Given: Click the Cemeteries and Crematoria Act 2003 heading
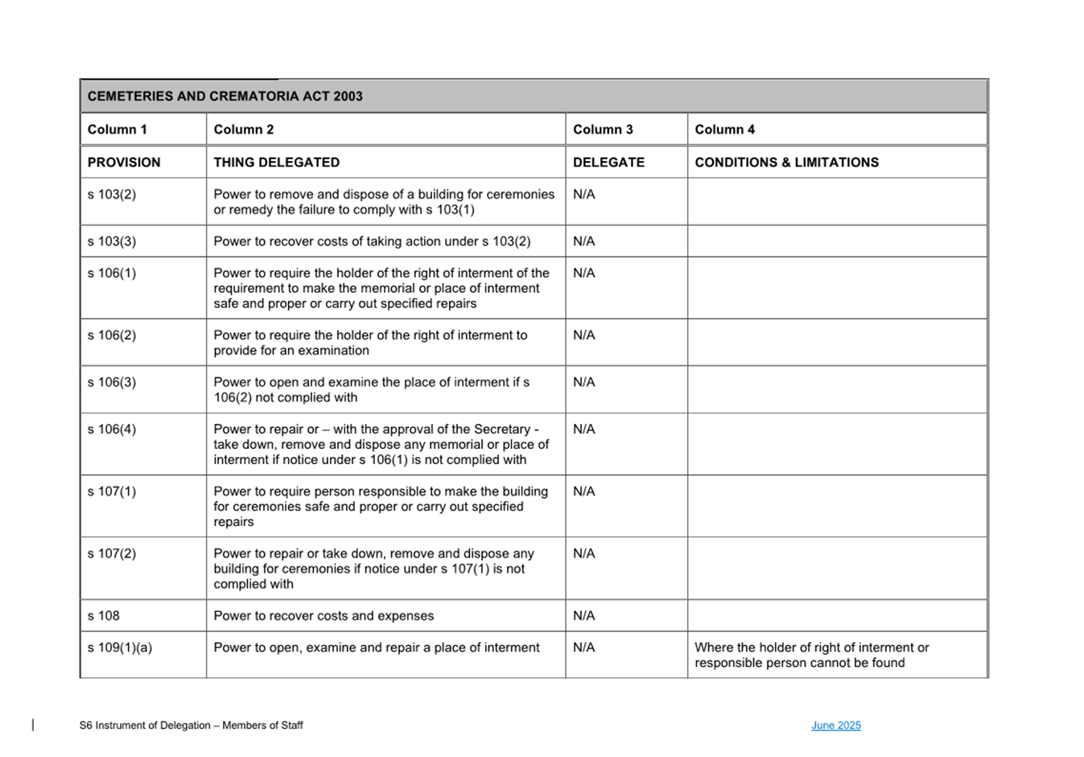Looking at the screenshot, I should click(225, 97).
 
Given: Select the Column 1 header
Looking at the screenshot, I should click(117, 130).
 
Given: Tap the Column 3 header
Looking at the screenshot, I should click(603, 130).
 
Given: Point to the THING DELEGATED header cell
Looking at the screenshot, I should click(276, 163).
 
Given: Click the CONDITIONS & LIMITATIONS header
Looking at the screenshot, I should click(786, 163).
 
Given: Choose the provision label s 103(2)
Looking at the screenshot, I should click(112, 195).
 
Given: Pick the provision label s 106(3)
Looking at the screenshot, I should click(112, 382).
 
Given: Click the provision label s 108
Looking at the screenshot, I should click(104, 616).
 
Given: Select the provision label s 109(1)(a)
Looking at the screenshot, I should click(120, 648).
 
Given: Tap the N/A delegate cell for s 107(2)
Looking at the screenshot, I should click(583, 553).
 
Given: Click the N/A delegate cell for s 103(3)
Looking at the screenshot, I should click(583, 241).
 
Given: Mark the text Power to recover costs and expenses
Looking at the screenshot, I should click(324, 616).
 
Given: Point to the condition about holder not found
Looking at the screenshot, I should click(811, 655).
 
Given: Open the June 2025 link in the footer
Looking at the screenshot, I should click(835, 726).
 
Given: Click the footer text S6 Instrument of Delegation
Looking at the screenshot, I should click(191, 726).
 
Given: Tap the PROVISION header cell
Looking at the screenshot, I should click(124, 163).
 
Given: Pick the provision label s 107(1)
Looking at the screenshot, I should click(112, 492).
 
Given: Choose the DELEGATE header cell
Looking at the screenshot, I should click(608, 163).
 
